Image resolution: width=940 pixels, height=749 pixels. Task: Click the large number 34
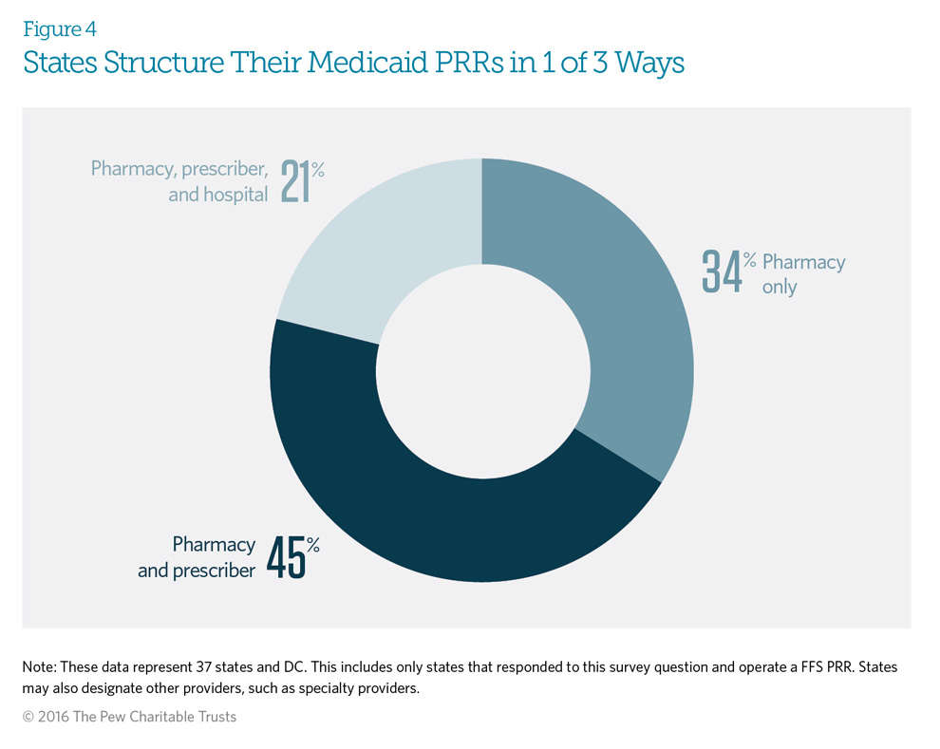(x=721, y=272)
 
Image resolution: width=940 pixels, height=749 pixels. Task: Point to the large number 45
(x=285, y=557)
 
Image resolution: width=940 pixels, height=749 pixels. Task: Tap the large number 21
(x=296, y=182)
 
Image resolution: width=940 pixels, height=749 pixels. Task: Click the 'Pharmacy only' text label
(x=802, y=273)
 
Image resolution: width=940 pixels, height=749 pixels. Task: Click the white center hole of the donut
(x=481, y=369)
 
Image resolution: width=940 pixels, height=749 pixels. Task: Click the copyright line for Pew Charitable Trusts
(x=129, y=718)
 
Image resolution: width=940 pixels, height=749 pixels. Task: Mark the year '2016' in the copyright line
(x=56, y=718)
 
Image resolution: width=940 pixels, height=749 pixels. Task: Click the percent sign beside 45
(x=312, y=545)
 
